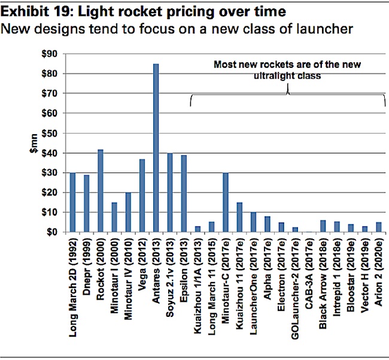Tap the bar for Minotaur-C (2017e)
(x=226, y=202)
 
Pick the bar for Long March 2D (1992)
(x=73, y=202)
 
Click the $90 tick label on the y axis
(x=48, y=54)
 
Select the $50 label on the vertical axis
(x=48, y=133)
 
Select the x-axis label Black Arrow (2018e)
(x=323, y=276)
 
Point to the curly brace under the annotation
(x=287, y=95)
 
